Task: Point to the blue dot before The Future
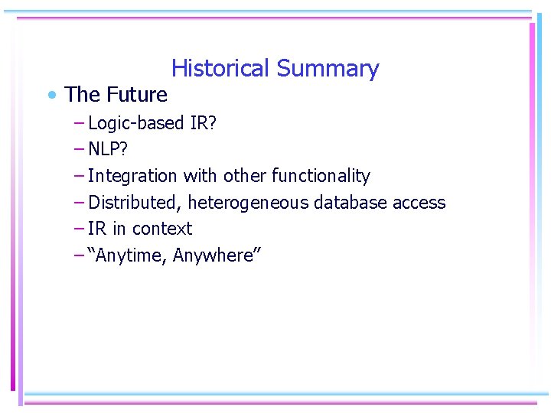click(51, 96)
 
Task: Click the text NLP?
click(108, 149)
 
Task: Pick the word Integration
click(132, 176)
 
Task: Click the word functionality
click(321, 176)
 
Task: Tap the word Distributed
click(132, 203)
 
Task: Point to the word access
click(419, 203)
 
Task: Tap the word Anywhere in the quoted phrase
click(217, 255)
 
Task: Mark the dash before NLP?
click(80, 149)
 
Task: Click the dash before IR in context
click(80, 229)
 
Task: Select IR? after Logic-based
click(203, 123)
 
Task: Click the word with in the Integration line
click(201, 176)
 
